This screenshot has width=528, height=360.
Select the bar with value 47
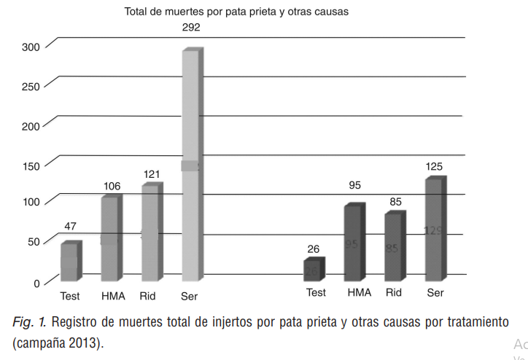point(69,262)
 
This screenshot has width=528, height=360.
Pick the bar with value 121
point(150,233)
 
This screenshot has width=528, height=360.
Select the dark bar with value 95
point(353,244)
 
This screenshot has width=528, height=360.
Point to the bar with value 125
point(434,230)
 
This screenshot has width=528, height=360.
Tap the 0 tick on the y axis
point(37,282)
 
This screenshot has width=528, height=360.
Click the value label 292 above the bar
point(191,28)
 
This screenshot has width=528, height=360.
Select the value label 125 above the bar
point(434,167)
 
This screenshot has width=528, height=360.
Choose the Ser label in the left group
point(189,297)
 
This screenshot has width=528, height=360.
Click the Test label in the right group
point(316,293)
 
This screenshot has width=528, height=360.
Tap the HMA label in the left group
point(113,297)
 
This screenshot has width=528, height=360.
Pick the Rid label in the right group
point(394,293)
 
